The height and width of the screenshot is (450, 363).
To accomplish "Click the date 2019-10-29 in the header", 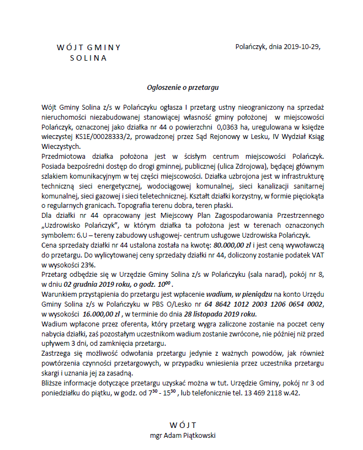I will [301, 47].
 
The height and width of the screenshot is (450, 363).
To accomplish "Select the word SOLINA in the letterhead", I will [88, 57].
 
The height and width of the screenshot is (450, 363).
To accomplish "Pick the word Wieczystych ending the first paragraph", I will [61, 147].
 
